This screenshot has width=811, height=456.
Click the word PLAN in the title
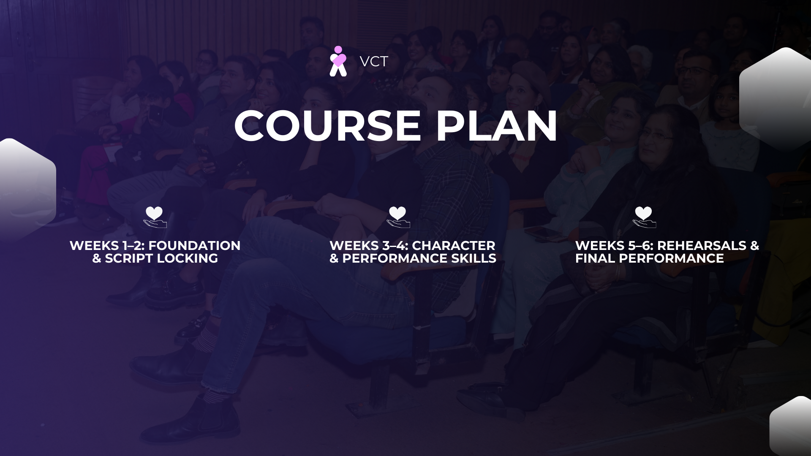[497, 126]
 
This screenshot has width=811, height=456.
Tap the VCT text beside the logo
[374, 62]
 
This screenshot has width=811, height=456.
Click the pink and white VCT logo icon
[338, 61]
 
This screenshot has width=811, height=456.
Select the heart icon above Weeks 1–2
[155, 217]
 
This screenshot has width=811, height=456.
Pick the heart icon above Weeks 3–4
[398, 217]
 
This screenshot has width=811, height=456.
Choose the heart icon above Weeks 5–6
[644, 217]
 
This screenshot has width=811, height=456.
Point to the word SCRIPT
[129, 258]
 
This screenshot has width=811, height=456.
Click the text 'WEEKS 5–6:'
[615, 245]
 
